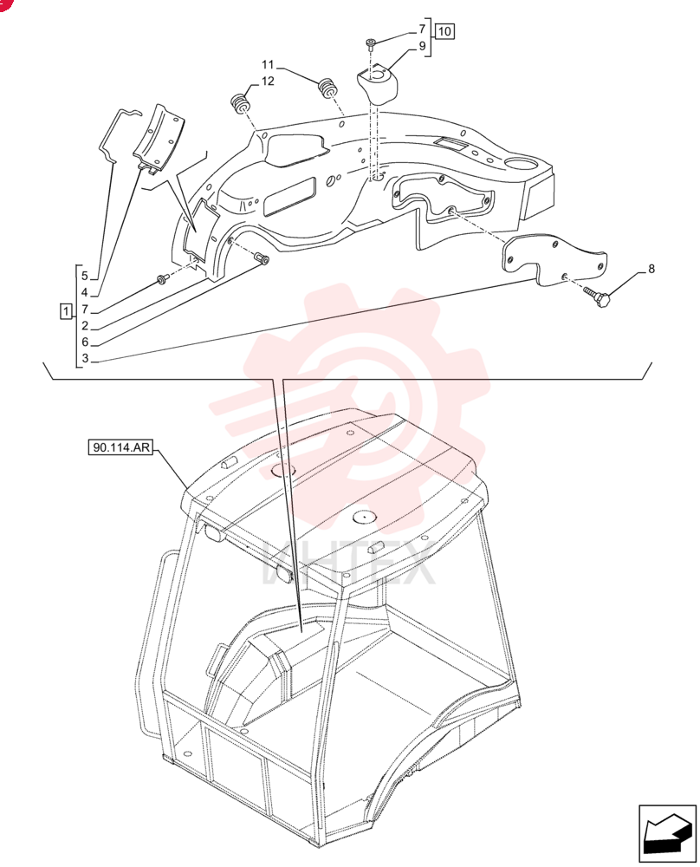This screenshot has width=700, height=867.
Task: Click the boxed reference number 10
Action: click(x=444, y=31)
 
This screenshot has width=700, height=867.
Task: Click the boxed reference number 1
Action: click(x=66, y=311)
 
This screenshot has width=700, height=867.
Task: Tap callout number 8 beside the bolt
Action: click(x=651, y=269)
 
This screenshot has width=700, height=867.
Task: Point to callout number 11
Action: click(x=268, y=65)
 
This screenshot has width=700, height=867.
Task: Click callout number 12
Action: click(x=268, y=81)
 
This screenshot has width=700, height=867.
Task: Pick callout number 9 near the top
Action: click(x=422, y=46)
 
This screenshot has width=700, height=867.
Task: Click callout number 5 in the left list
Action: click(x=85, y=276)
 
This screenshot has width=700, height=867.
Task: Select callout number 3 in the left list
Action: click(x=85, y=358)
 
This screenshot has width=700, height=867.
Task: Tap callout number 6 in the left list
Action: click(x=85, y=342)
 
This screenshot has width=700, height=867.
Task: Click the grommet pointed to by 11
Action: click(x=328, y=88)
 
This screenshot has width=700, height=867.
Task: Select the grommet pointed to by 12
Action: click(x=240, y=103)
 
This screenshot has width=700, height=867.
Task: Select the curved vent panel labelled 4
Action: click(x=159, y=136)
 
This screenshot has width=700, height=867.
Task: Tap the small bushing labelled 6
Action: click(x=262, y=257)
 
